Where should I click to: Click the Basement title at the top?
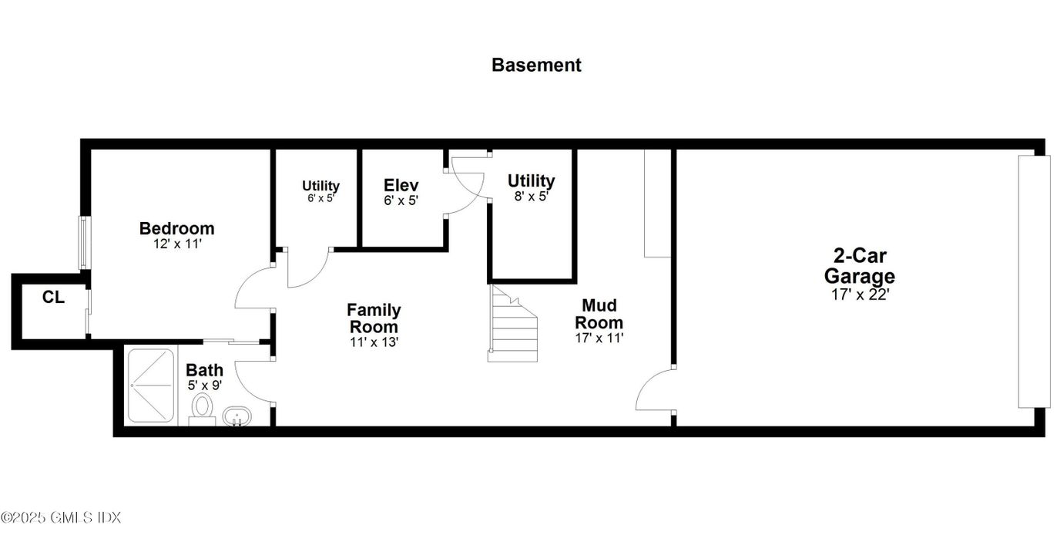536,65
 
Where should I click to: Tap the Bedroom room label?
176,229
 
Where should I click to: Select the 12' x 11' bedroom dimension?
176,244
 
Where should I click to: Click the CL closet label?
53,298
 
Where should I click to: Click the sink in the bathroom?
237,417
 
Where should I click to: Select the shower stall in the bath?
150,385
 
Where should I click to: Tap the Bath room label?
204,370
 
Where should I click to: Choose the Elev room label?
401,185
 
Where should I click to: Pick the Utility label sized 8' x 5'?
531,181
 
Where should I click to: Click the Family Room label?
374,318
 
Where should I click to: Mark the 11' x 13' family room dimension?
374,342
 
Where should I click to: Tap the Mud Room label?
599,314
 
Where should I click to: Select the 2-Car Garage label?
859,266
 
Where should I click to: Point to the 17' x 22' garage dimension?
859,294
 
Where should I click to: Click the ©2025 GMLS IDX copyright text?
61,517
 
